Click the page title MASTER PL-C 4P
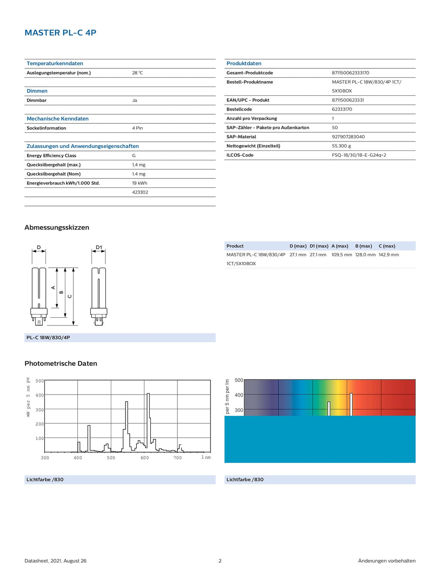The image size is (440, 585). (60, 33)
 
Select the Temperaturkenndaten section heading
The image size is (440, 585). (55, 64)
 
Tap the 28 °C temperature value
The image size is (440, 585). (137, 73)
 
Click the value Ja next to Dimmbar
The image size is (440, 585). (134, 101)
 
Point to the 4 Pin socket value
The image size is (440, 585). (137, 128)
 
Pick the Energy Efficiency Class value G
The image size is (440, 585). (134, 156)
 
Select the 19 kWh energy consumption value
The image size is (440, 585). (140, 183)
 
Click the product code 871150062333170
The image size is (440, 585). (350, 73)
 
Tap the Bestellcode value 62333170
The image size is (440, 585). (342, 110)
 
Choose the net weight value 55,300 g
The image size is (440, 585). (341, 146)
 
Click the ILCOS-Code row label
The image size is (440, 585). (240, 155)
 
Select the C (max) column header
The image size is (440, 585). (387, 246)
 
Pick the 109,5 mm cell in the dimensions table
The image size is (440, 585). (342, 255)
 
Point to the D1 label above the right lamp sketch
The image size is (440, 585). (99, 248)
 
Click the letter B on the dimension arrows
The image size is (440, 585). (61, 292)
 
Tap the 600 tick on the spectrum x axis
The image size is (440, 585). (145, 458)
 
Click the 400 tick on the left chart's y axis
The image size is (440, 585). (40, 395)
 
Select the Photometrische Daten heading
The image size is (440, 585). (61, 364)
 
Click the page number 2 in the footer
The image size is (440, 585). (220, 561)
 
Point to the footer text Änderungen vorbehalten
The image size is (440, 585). (387, 561)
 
